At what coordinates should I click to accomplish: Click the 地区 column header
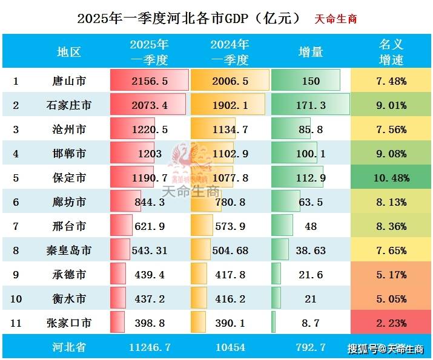(x=68, y=52)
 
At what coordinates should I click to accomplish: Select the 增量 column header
(x=311, y=52)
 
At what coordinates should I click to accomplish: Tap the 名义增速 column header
(x=391, y=52)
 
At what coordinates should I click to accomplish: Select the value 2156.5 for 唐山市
(x=150, y=80)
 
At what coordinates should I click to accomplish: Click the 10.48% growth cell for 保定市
(x=391, y=178)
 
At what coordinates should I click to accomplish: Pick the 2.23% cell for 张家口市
(x=391, y=323)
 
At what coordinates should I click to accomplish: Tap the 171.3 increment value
(x=311, y=105)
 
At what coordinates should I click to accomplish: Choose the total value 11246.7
(x=150, y=348)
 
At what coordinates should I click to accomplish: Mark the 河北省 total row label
(x=68, y=348)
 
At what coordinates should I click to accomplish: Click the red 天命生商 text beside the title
(x=336, y=19)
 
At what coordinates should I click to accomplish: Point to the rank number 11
(x=16, y=323)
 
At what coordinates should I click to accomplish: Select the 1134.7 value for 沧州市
(x=230, y=129)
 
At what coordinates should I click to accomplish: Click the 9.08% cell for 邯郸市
(x=391, y=154)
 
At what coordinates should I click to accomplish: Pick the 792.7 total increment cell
(x=311, y=348)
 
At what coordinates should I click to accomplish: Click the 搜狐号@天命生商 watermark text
(x=385, y=349)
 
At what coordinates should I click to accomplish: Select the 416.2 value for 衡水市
(x=230, y=299)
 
